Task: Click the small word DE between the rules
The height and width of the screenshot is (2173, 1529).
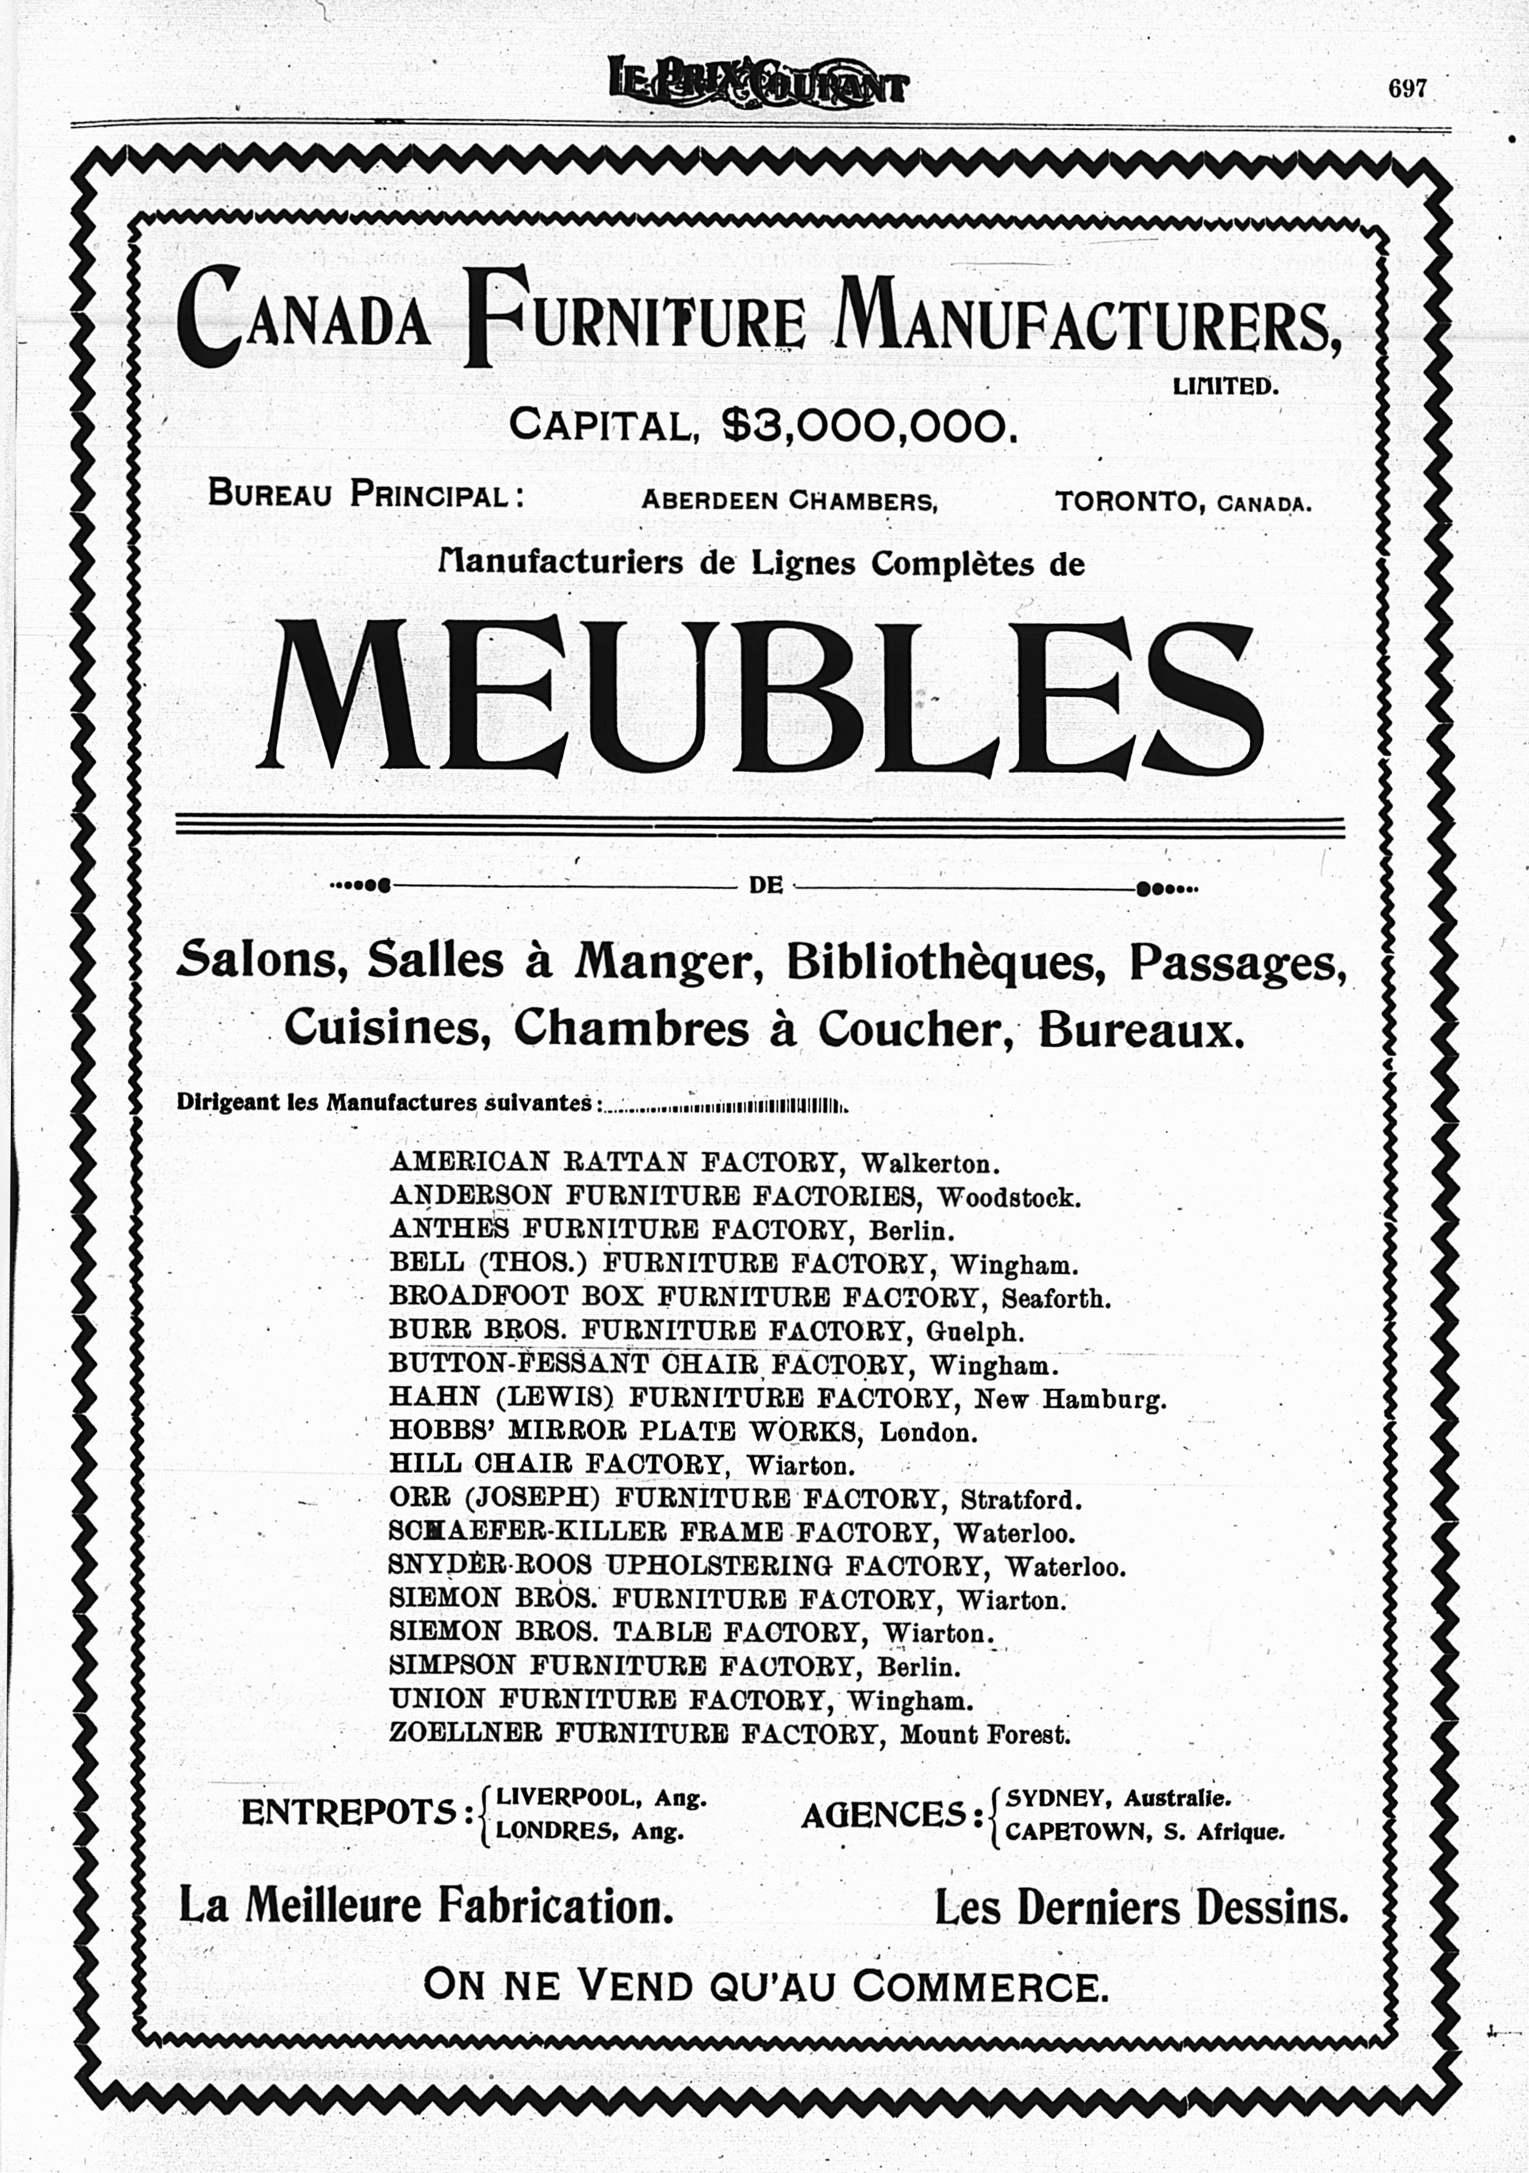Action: click(x=766, y=887)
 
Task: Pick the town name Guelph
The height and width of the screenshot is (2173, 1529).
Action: click(x=974, y=1331)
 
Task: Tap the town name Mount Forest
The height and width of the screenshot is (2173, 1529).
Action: click(x=985, y=1735)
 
